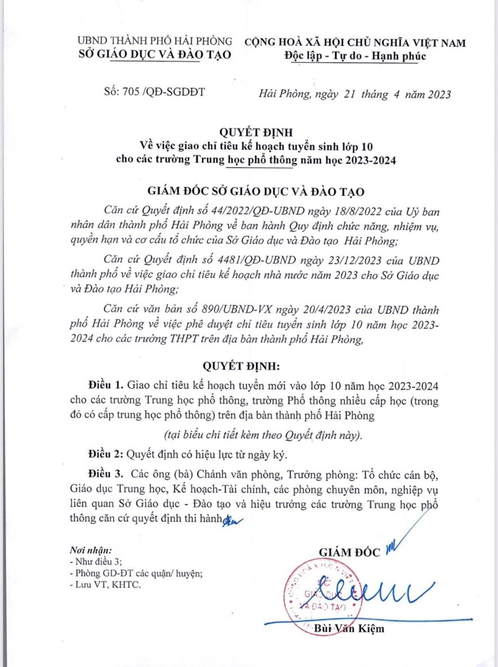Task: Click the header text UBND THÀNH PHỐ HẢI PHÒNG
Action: click(x=154, y=42)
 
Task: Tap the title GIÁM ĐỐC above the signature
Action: click(x=350, y=552)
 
